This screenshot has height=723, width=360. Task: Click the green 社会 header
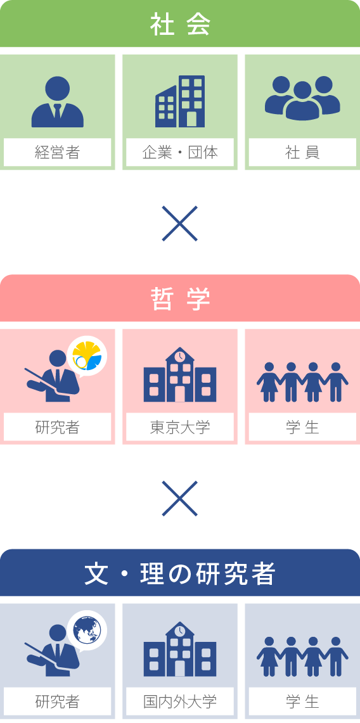pos(180,23)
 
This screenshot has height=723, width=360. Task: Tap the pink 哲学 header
pos(180,298)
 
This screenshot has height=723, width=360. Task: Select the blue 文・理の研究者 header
pos(180,573)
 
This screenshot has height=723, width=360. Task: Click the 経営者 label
pos(58,152)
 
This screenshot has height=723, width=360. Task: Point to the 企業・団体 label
pos(180,152)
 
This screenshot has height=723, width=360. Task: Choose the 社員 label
pos(302,152)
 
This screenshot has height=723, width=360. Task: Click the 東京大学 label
pos(180,427)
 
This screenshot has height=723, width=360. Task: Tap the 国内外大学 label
pos(180,701)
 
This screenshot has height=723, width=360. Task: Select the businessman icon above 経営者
pos(58,102)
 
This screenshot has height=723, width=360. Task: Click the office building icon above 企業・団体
pos(180,101)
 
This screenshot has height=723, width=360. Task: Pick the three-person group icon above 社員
pos(302,98)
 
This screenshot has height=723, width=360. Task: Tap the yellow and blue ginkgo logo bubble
pos(87,357)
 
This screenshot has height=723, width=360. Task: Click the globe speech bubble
pos(87,631)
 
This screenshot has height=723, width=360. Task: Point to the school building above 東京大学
pos(180,374)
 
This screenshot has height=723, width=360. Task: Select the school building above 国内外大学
pos(180,649)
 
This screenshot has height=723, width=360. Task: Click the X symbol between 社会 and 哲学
pos(180,224)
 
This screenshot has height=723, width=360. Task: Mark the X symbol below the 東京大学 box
pos(180,499)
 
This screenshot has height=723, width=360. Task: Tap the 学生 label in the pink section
pos(302,427)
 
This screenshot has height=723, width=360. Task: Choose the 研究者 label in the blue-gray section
pos(58,701)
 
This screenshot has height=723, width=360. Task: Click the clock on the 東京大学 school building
pos(180,356)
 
